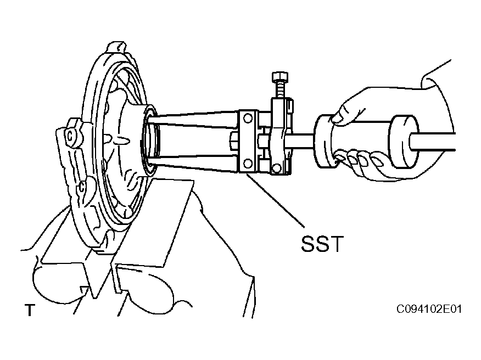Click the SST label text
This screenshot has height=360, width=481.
click(322, 244)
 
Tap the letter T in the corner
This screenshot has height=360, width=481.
click(30, 310)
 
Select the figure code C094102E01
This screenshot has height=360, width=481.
click(429, 309)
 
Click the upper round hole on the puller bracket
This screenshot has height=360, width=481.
click(248, 118)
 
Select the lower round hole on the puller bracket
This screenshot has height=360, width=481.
click(248, 163)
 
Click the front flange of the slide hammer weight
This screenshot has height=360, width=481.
click(324, 142)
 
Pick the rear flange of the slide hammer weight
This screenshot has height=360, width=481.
click(404, 142)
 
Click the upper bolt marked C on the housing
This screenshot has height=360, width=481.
click(70, 136)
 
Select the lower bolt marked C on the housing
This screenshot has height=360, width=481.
click(82, 186)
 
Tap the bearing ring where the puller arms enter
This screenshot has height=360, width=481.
click(150, 141)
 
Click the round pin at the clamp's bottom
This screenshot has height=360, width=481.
click(276, 167)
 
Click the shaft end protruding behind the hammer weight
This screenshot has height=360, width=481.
click(433, 142)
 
